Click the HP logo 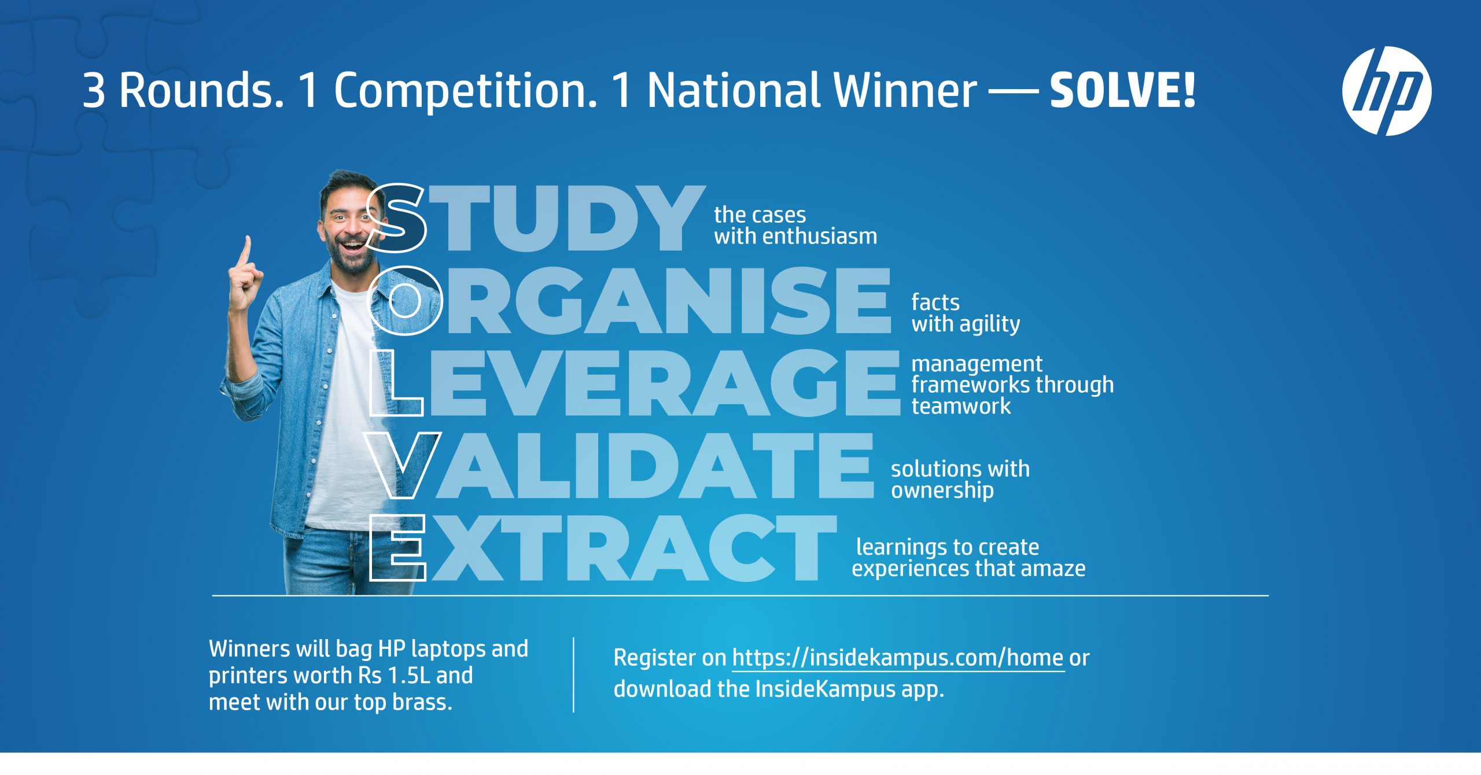click(1387, 91)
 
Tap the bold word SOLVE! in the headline click(1122, 91)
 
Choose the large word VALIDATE click(622, 466)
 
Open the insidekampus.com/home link click(898, 658)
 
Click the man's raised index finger click(246, 252)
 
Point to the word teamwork click(961, 406)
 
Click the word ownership click(942, 491)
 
